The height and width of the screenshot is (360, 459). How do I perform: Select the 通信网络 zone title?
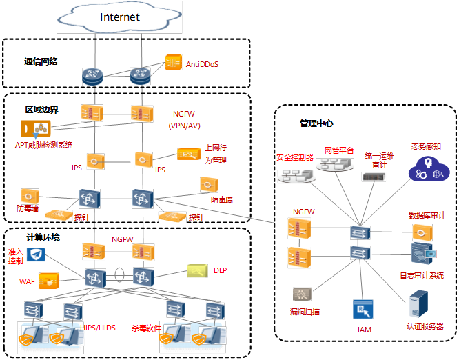tap(41, 61)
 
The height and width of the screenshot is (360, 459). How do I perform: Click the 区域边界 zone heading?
tap(42, 110)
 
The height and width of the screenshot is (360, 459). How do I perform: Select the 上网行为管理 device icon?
tap(189, 154)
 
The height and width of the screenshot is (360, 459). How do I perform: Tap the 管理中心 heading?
tap(316, 123)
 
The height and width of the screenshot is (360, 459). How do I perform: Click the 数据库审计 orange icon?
tap(422, 232)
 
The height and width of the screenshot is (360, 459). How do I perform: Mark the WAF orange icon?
tap(48, 281)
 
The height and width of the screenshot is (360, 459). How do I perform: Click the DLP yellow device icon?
tap(196, 272)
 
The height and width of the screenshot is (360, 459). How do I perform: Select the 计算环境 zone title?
tap(43, 237)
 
